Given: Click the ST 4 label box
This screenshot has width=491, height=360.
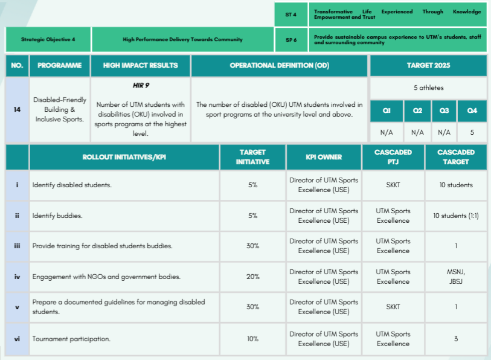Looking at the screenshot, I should point(290,14).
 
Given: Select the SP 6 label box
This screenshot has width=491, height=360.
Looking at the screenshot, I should point(290,39).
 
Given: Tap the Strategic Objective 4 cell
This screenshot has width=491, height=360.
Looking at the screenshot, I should point(48,39).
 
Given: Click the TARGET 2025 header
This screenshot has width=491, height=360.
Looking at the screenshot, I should point(428,65).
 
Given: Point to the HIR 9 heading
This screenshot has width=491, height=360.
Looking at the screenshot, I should point(141,85).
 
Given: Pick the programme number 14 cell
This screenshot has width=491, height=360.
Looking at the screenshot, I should point(17,109).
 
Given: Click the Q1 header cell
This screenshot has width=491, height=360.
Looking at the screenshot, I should point(387,111).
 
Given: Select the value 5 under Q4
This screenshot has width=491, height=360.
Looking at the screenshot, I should point(472,132).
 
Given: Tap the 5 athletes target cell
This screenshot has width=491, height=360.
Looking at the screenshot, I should point(428,88).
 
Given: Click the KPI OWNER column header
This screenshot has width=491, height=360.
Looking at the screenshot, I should point(323,157).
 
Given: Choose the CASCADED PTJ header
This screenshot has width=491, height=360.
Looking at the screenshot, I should point(393,157).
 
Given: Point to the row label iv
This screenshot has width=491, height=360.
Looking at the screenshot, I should point(17,277).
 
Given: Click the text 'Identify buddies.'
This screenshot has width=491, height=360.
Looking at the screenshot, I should point(58,216).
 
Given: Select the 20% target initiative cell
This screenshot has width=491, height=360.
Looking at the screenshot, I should point(253,277).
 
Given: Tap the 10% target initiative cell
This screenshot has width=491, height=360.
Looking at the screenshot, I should point(253,339).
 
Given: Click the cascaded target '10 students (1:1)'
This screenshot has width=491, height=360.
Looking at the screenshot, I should point(456,216).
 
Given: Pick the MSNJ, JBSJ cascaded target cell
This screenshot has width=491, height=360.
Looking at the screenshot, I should point(456,277).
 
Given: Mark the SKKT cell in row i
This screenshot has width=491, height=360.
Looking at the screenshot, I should point(393,185).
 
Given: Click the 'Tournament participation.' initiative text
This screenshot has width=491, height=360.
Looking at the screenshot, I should point(71,339).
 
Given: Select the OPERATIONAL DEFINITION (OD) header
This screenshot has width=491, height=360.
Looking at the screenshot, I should point(280,65).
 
